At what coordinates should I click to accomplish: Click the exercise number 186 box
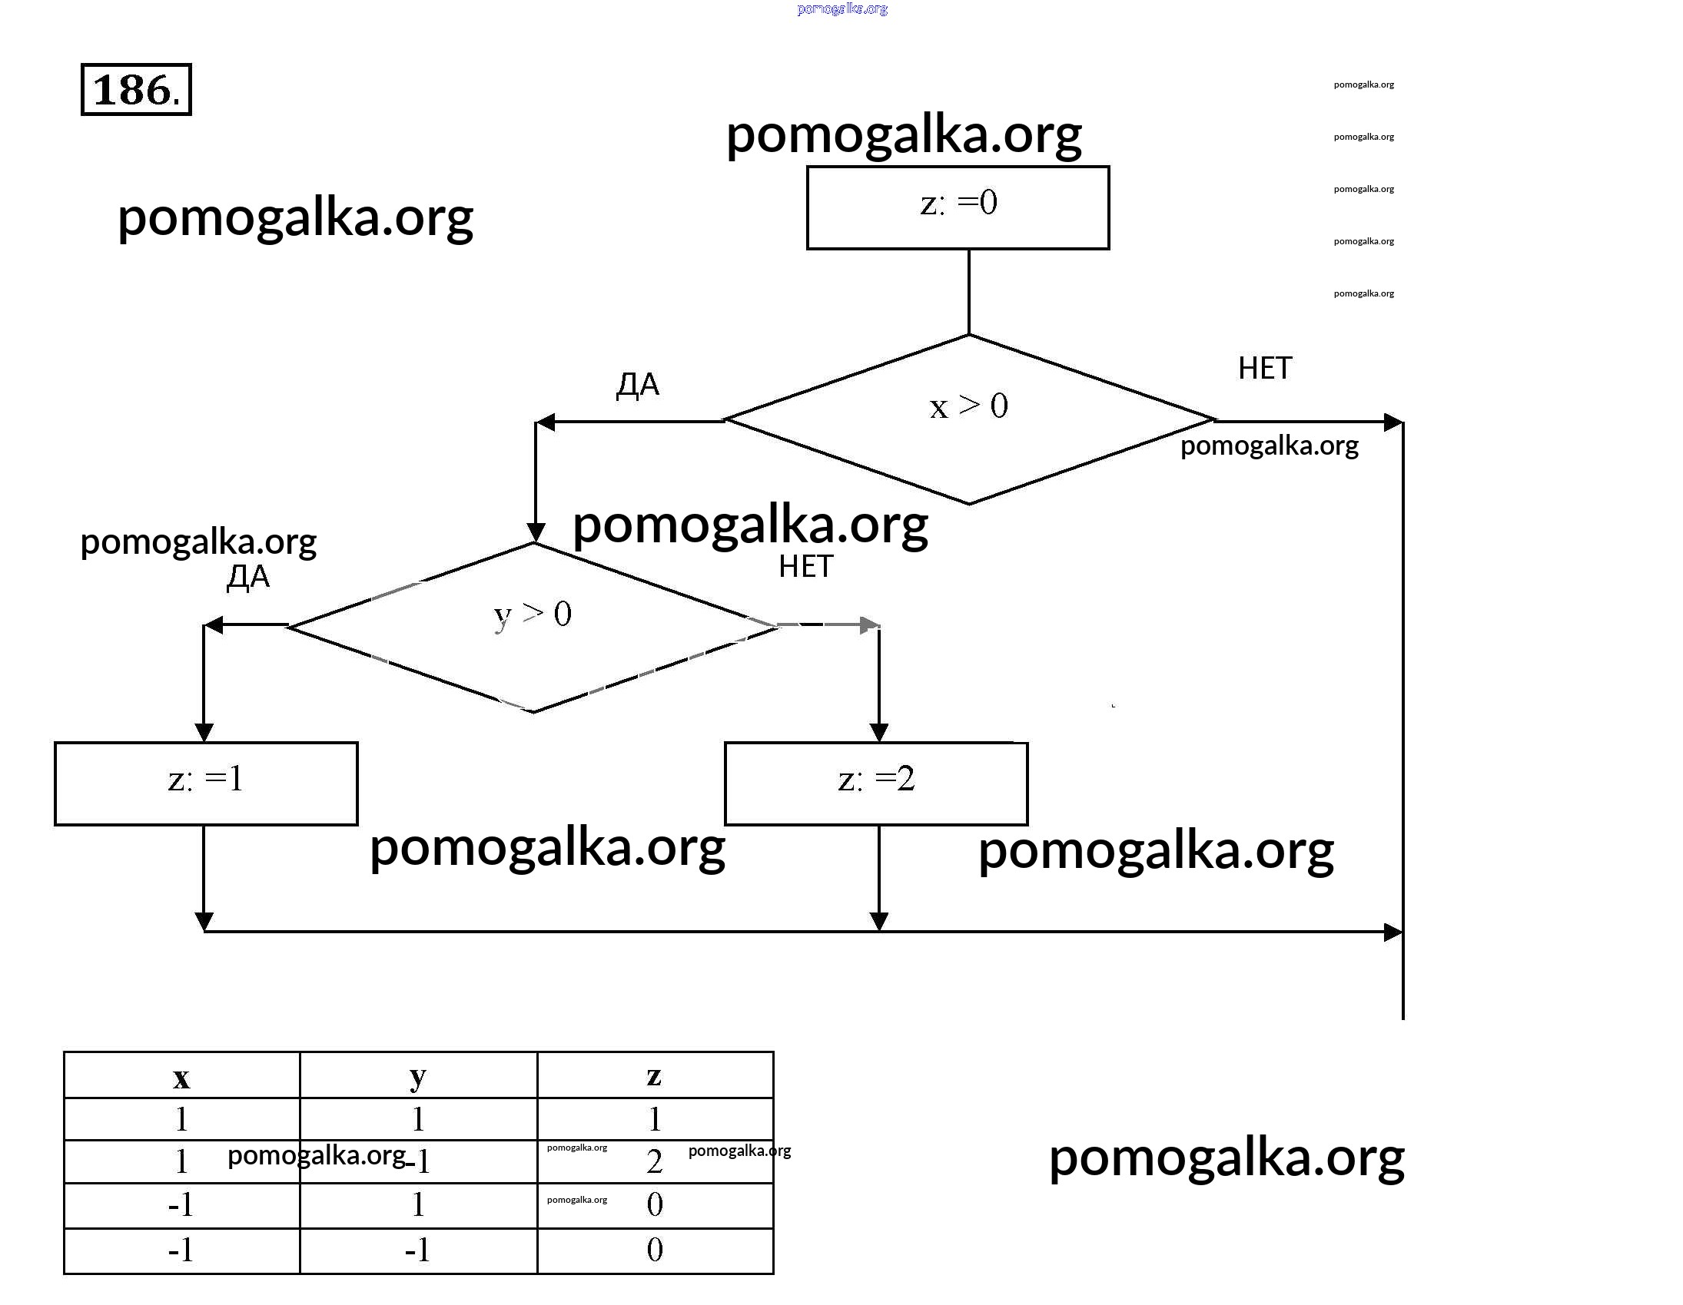(x=135, y=90)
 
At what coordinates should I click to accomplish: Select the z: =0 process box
(x=958, y=207)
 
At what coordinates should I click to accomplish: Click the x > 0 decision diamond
(x=968, y=419)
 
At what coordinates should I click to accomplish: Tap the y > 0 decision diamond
(x=533, y=626)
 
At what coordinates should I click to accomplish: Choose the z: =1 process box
(x=206, y=783)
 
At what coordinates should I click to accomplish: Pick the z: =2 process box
(x=875, y=783)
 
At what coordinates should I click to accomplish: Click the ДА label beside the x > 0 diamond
(x=637, y=384)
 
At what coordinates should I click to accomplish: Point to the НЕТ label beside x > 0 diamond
(x=1265, y=368)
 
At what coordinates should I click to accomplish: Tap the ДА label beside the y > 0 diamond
(x=248, y=577)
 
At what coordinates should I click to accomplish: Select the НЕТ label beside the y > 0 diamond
(x=805, y=567)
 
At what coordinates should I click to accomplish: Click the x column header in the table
(x=181, y=1078)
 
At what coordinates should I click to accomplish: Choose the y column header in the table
(x=417, y=1078)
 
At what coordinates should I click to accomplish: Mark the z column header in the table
(x=654, y=1076)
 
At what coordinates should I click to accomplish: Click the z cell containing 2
(x=654, y=1161)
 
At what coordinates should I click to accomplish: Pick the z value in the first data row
(x=654, y=1119)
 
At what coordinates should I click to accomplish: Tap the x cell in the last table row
(x=181, y=1250)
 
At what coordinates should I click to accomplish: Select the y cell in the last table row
(x=417, y=1250)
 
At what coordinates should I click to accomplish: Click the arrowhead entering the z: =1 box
(x=204, y=732)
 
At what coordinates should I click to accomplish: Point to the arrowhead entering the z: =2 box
(x=878, y=732)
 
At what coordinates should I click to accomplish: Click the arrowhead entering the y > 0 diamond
(x=536, y=532)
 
